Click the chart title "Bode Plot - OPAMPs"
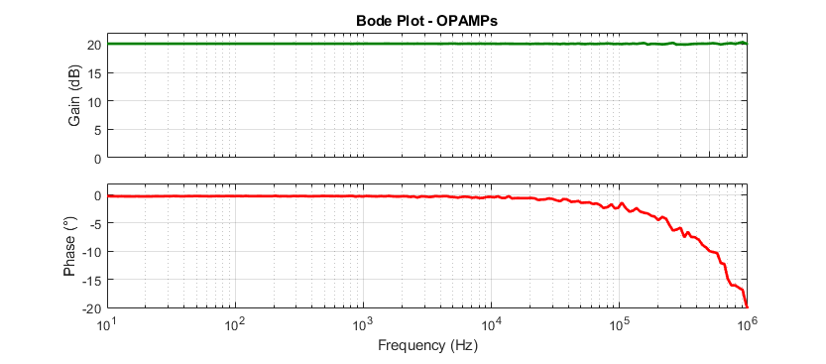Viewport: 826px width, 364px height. coord(427,21)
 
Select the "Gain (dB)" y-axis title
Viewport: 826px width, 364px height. coord(74,100)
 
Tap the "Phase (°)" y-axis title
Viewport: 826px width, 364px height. coord(71,246)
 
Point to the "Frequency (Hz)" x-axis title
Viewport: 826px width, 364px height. coord(427,345)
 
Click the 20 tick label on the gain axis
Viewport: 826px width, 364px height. coord(94,46)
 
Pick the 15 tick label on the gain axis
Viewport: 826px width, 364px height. coord(94,73)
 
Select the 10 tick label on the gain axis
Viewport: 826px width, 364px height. coord(94,101)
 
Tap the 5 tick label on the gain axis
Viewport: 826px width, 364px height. coord(97,130)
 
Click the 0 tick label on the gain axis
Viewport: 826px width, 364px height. coord(97,158)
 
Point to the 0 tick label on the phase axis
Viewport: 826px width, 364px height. coord(97,195)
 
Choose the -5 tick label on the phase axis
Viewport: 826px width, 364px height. coord(95,223)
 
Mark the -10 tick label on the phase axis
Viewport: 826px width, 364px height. coord(92,252)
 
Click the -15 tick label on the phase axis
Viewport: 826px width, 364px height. coord(92,280)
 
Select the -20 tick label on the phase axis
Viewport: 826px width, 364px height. coord(92,307)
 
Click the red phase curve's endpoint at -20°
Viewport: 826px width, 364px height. coord(747,306)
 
